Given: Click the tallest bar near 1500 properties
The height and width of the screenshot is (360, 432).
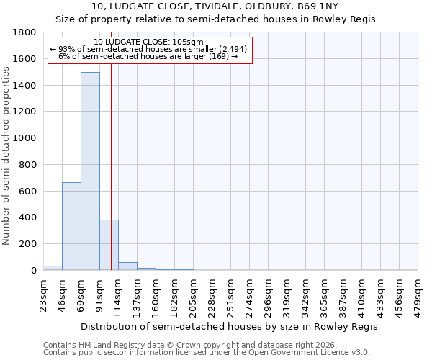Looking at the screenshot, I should (x=90, y=171).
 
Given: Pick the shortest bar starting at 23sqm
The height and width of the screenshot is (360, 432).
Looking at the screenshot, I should (x=53, y=268).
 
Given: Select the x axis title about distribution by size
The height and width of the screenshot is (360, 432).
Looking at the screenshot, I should (x=229, y=326).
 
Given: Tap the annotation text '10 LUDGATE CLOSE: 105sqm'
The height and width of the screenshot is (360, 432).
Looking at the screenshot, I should (x=149, y=42).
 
